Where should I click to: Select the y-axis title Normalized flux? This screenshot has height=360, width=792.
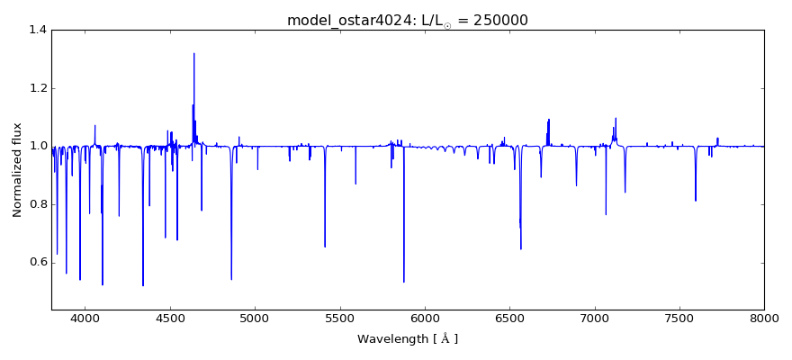point(18,169)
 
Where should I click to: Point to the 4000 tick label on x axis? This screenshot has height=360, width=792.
point(85,318)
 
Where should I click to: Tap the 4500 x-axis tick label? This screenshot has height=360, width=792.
point(169,318)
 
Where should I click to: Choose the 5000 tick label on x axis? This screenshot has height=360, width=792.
point(255,318)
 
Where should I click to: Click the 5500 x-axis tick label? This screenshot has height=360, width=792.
point(339,318)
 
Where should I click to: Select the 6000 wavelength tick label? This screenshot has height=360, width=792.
point(424,318)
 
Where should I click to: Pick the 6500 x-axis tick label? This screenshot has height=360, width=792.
point(509,318)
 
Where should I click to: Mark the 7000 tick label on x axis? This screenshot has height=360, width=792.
point(594,318)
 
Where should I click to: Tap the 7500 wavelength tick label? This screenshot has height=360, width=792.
point(679,318)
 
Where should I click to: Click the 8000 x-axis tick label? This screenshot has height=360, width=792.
point(763,318)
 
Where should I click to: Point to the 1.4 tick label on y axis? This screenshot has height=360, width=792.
point(37,30)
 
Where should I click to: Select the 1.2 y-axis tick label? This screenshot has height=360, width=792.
point(37,88)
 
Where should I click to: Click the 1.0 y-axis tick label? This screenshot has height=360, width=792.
point(37,146)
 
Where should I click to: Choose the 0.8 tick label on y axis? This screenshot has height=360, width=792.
point(37,204)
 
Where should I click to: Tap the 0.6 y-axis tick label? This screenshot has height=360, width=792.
point(37,263)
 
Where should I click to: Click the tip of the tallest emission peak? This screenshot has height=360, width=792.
point(193,53)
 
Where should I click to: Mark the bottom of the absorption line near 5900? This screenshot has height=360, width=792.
point(403,282)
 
